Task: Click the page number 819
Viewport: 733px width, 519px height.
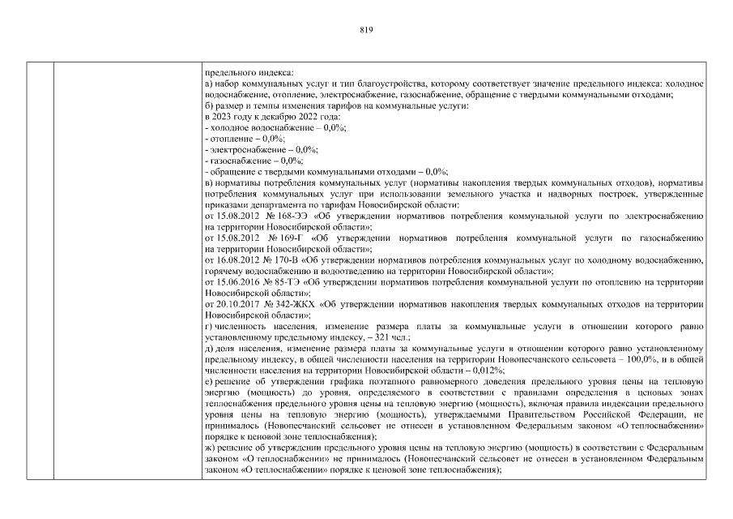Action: [x=365, y=29]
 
